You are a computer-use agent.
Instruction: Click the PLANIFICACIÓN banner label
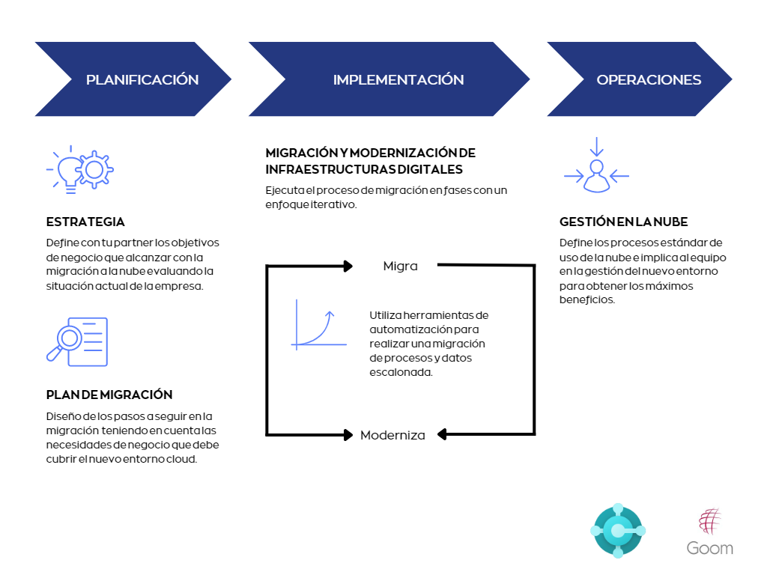tap(142, 79)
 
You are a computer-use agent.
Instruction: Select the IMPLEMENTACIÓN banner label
tap(398, 79)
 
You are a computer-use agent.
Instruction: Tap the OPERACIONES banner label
tap(649, 79)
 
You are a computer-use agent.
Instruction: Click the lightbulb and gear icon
tap(80, 170)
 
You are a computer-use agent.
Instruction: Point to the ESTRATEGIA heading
tap(85, 222)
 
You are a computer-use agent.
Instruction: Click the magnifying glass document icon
tap(77, 341)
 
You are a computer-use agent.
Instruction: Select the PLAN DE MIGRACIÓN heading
tap(109, 395)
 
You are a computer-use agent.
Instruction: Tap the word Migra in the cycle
tap(400, 266)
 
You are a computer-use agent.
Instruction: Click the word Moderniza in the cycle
tap(392, 435)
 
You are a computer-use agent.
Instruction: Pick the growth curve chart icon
tap(318, 325)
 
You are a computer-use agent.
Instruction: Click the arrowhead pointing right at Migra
tap(348, 266)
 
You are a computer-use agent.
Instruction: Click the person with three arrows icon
tap(596, 165)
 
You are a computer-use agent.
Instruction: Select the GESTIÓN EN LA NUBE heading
tap(624, 222)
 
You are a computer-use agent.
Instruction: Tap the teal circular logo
tap(618, 531)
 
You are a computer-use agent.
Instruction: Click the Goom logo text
tap(710, 548)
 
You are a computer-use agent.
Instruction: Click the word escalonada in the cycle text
tap(401, 372)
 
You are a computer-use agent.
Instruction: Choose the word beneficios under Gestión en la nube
tap(586, 299)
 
